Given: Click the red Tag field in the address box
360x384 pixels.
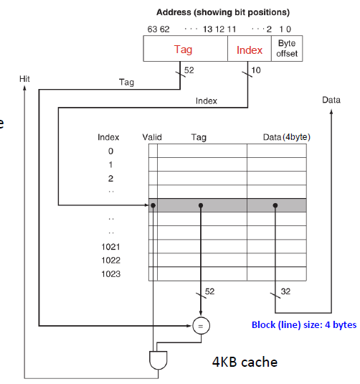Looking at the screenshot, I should click(x=183, y=50).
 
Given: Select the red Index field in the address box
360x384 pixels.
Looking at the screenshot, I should click(x=250, y=50).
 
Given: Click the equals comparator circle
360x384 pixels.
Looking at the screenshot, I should click(x=200, y=327).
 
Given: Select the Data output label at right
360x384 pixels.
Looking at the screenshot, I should click(x=331, y=100).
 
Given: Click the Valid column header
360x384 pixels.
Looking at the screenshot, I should click(x=153, y=136).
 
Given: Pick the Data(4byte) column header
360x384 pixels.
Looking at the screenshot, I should click(x=286, y=136).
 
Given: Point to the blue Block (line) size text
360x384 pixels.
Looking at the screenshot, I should click(x=303, y=325).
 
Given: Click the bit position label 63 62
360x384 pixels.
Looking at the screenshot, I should click(x=158, y=29).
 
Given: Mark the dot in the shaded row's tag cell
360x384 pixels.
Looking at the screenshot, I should click(x=201, y=205).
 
